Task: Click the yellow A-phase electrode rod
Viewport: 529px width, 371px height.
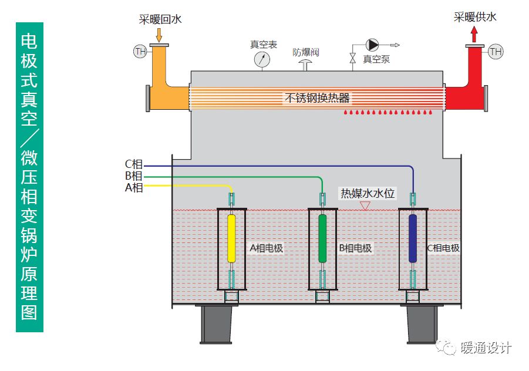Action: [x=231, y=238]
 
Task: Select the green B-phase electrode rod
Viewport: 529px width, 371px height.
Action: [x=322, y=238]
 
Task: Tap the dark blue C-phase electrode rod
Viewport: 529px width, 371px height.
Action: [x=413, y=238]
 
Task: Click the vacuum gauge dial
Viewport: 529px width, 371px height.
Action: [x=262, y=59]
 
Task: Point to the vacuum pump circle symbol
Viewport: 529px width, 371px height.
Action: [x=372, y=45]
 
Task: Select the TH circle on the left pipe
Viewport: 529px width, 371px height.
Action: [x=140, y=52]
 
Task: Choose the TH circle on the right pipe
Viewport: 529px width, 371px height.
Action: [x=496, y=52]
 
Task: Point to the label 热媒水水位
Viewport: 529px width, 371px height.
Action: [x=368, y=193]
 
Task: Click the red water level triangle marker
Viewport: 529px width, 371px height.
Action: [x=365, y=206]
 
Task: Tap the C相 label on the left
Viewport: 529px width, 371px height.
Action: [x=133, y=166]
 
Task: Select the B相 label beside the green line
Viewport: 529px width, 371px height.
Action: [x=133, y=176]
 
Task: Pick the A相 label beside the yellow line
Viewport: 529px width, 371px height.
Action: [x=133, y=187]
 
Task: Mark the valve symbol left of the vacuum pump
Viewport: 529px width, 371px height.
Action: [x=352, y=58]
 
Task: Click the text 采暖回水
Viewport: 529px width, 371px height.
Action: [x=160, y=19]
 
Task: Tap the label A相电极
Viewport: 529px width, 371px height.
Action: [x=267, y=248]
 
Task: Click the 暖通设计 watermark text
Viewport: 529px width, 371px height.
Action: [x=486, y=348]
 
